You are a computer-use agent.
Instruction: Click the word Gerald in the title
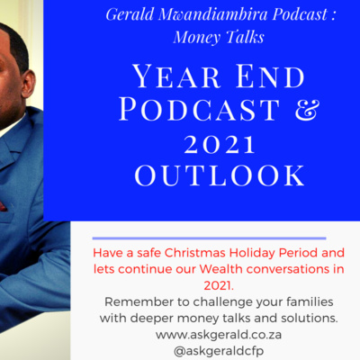click(130, 15)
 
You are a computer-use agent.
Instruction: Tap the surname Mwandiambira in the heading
click(212, 14)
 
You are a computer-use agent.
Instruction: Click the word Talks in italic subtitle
click(245, 37)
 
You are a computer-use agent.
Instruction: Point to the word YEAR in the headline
click(177, 76)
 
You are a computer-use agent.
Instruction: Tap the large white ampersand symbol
click(306, 110)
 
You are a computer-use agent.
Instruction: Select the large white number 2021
click(220, 145)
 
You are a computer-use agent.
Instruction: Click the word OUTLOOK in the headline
click(220, 175)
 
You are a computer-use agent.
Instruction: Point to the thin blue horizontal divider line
click(209, 238)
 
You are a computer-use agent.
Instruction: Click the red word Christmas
click(194, 253)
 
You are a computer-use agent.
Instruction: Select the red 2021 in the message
click(219, 285)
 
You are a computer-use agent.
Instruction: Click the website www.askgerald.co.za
click(219, 335)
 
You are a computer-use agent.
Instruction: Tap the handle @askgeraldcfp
click(219, 351)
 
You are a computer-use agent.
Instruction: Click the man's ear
click(28, 84)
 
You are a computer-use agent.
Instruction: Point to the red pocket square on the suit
click(3, 206)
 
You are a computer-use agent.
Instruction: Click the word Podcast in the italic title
click(300, 14)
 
